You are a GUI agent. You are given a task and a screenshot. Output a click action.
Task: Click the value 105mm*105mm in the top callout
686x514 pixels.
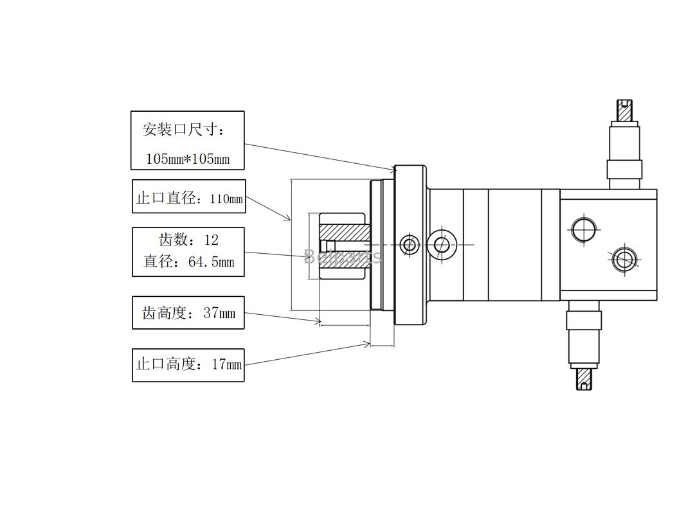(x=187, y=159)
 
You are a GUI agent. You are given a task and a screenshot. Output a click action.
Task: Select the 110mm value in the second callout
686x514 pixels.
(x=226, y=199)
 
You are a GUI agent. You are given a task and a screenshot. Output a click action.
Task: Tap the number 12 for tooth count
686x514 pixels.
(x=211, y=240)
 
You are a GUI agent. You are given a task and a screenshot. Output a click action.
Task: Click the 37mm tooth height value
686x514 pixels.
(x=219, y=314)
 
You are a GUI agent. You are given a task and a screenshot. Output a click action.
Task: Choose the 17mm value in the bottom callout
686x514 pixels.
(x=226, y=364)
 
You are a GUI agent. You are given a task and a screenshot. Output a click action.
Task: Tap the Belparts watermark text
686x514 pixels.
(x=342, y=257)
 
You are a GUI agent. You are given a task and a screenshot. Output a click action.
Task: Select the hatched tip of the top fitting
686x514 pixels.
(x=625, y=111)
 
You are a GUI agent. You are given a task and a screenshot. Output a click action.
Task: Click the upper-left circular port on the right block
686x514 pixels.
(x=583, y=229)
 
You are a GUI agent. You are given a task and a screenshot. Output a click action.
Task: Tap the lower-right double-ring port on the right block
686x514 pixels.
(x=623, y=260)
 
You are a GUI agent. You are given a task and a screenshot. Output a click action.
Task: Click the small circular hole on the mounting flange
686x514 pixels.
(x=409, y=245)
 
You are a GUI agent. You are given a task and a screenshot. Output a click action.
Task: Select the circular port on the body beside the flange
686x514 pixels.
(x=441, y=244)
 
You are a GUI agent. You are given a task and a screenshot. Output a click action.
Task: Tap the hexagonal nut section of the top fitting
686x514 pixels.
(x=624, y=170)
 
